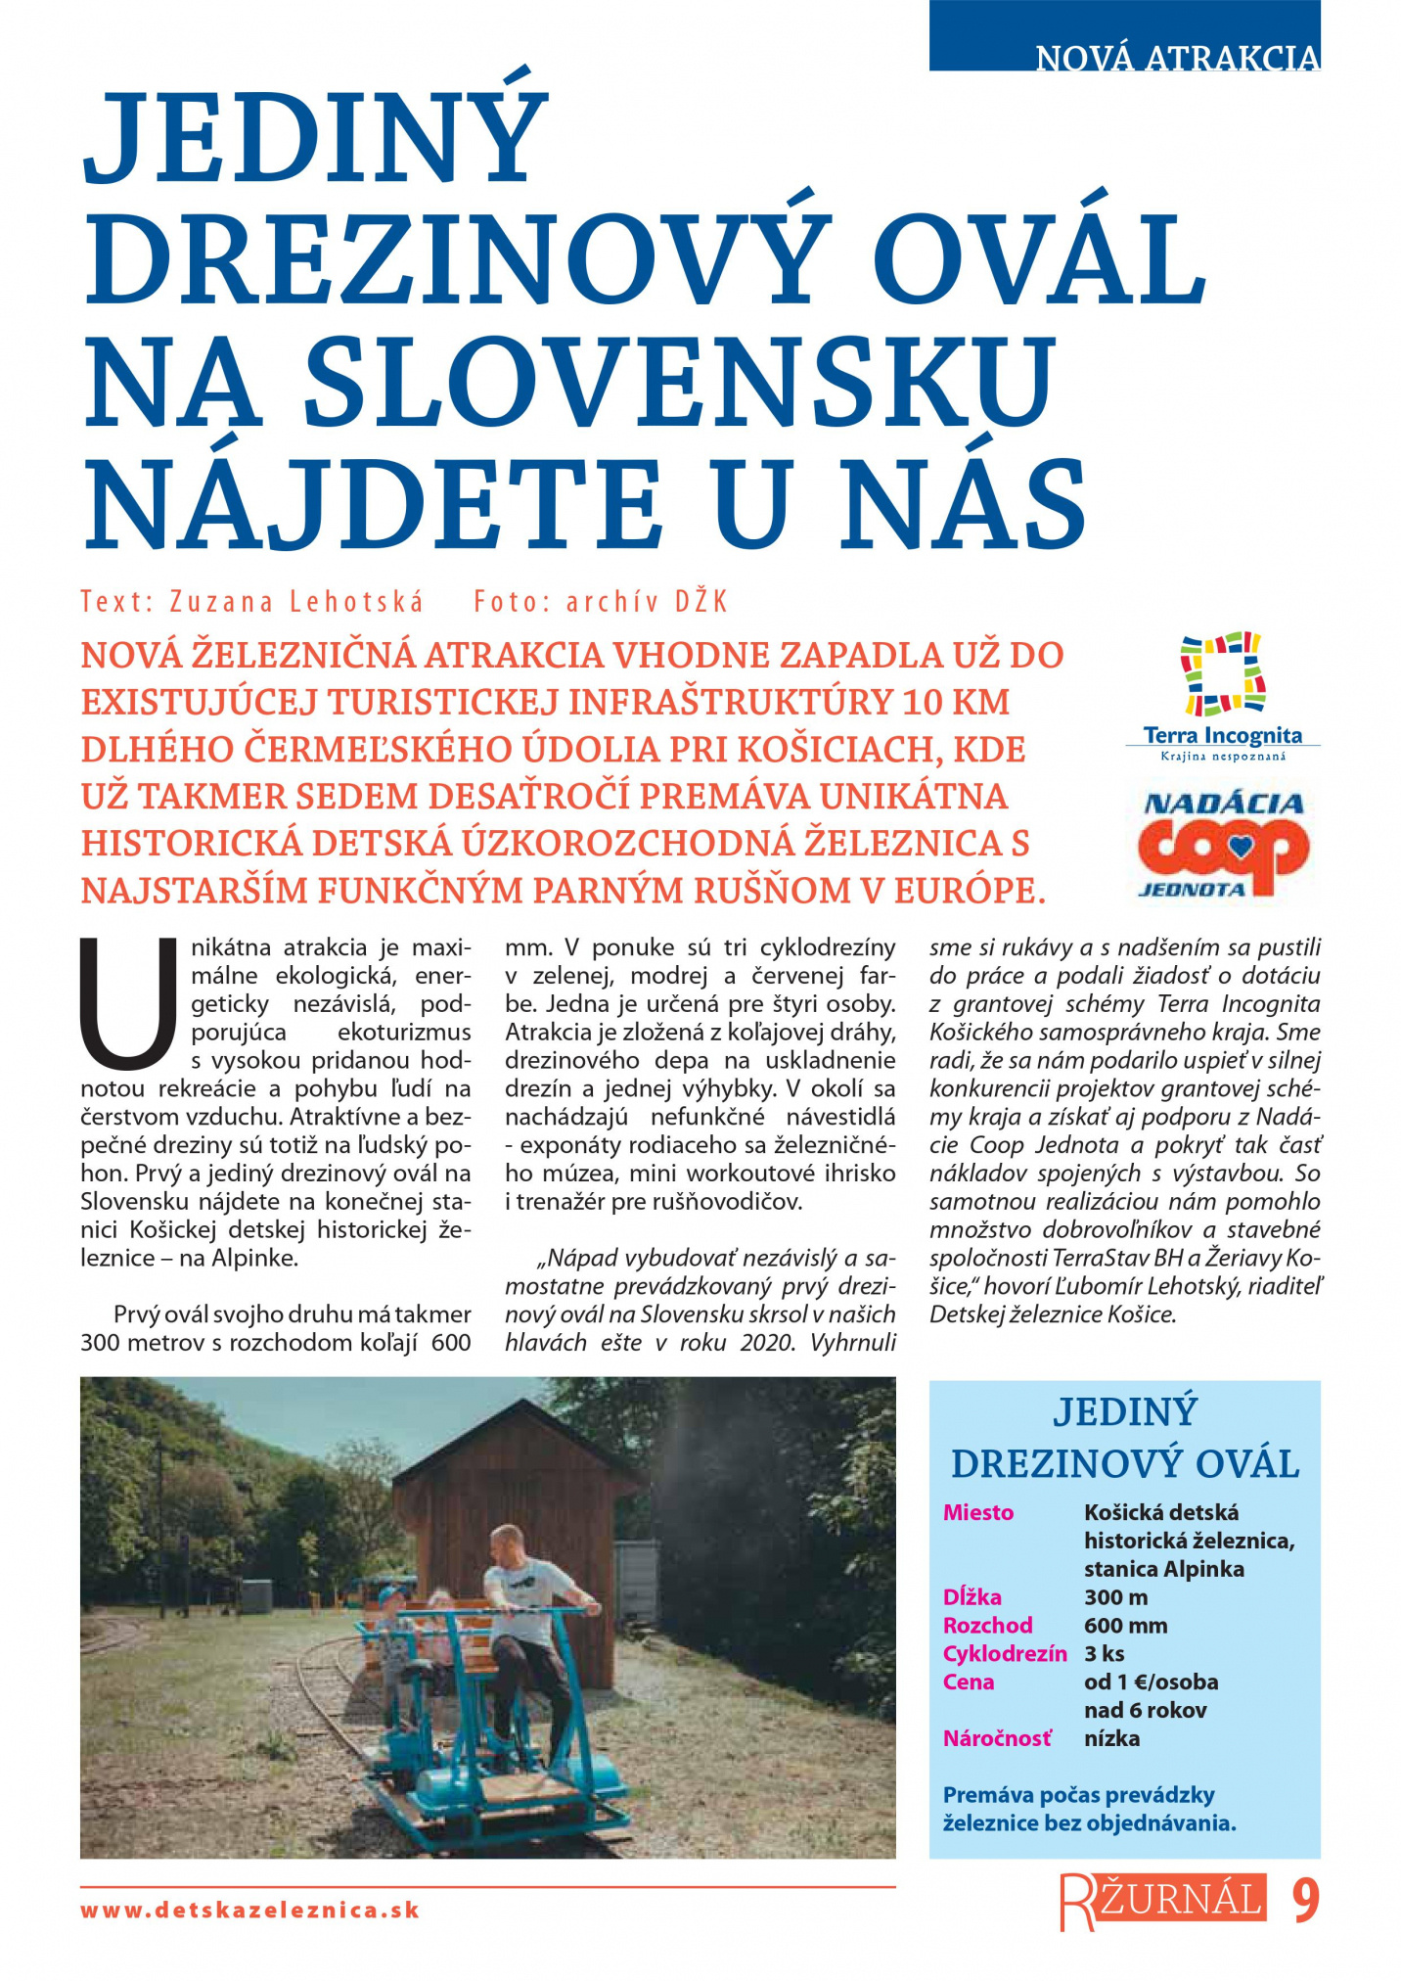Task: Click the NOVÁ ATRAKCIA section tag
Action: [x=1177, y=58]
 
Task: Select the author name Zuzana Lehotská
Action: [x=296, y=601]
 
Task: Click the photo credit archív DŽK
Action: [x=647, y=601]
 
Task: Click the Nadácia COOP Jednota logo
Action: [x=1222, y=845]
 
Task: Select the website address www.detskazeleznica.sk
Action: [x=250, y=1910]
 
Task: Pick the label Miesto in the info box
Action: [x=977, y=1512]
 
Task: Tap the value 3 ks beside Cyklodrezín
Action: [x=1105, y=1654]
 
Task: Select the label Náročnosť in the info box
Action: [x=997, y=1738]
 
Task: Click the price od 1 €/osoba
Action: [x=1151, y=1682]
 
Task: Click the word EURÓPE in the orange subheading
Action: [x=965, y=891]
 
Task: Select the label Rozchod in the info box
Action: [x=987, y=1626]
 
